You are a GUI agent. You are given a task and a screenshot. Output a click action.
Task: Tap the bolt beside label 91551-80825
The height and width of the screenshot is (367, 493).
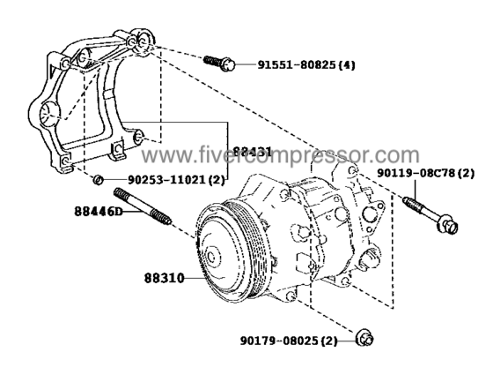click(217, 63)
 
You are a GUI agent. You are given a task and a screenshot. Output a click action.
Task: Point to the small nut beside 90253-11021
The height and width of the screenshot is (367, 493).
click(99, 181)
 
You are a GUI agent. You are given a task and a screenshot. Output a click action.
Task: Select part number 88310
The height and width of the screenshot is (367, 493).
click(165, 277)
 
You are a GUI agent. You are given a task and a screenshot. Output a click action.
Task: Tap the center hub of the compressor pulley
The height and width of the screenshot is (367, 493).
click(211, 257)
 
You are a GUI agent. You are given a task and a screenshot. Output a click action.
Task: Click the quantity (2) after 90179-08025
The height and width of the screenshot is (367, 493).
click(329, 340)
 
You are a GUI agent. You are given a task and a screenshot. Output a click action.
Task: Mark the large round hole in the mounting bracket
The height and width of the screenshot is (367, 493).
click(48, 113)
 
